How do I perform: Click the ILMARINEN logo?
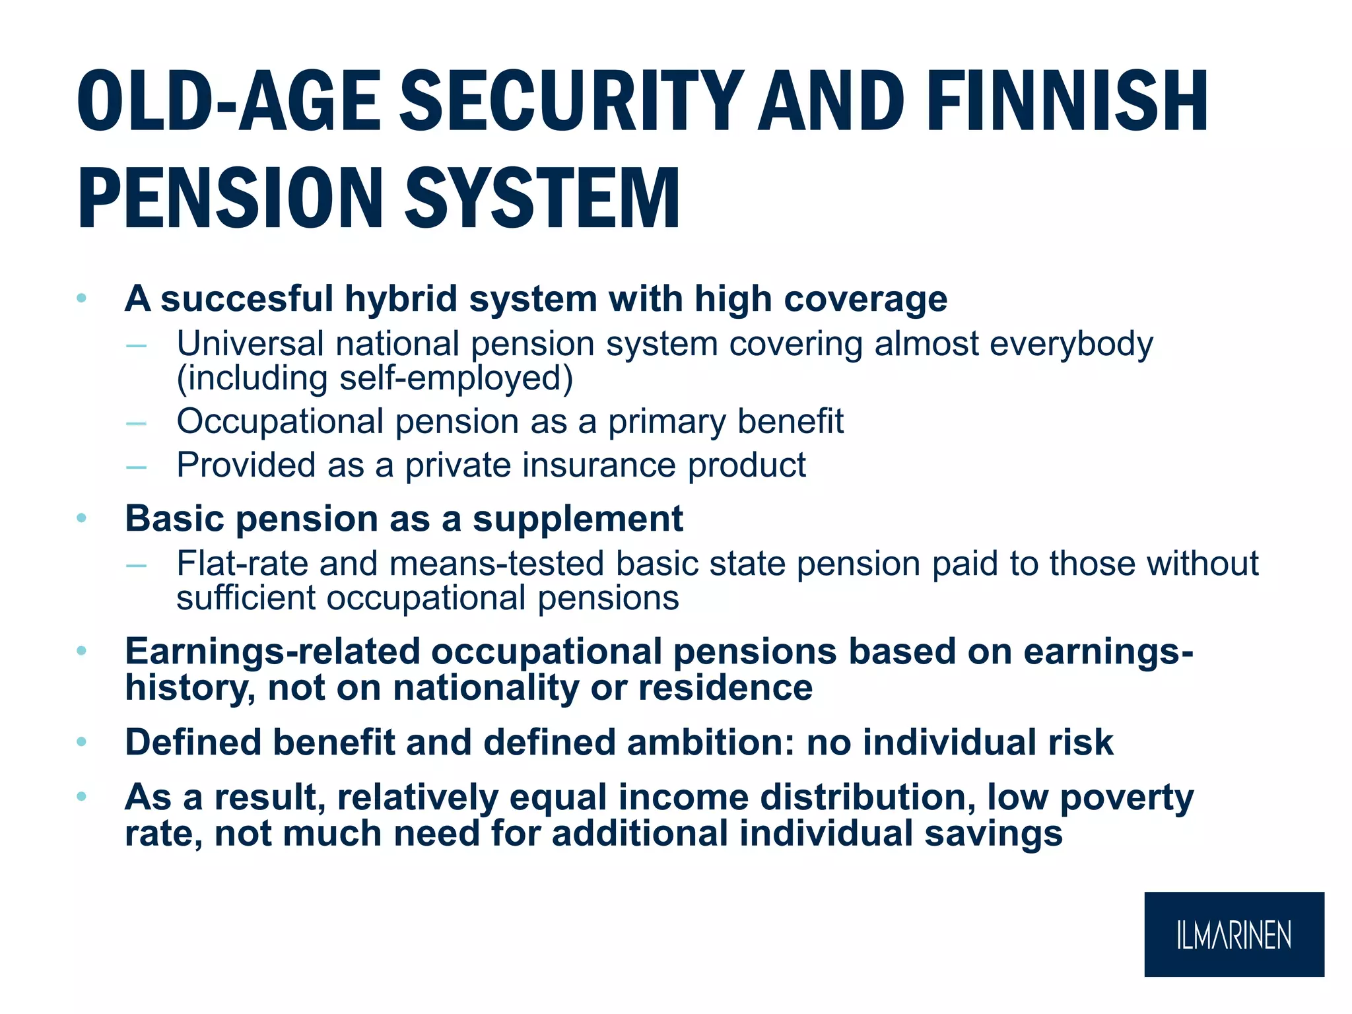point(1233,934)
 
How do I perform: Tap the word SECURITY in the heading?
point(571,102)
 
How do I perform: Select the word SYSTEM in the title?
point(541,198)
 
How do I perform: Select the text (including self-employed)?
point(374,378)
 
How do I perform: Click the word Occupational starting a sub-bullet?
point(279,421)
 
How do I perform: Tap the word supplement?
point(578,518)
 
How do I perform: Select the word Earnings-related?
point(273,652)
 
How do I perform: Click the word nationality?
point(486,688)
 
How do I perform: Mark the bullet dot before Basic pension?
point(81,518)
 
